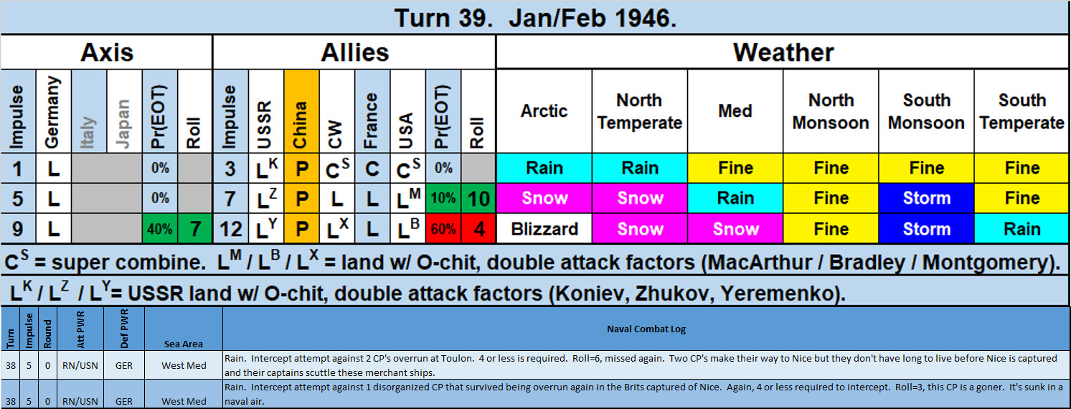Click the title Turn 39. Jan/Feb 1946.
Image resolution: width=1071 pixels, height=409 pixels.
click(x=535, y=18)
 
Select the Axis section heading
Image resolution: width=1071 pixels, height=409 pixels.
click(x=107, y=52)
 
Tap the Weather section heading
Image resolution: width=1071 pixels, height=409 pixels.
click(x=783, y=52)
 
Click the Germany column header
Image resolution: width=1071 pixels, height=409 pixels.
click(x=54, y=111)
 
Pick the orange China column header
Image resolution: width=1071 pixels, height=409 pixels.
click(x=301, y=111)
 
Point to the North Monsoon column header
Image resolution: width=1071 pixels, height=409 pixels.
click(x=831, y=111)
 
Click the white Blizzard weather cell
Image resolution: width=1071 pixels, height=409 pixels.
click(x=544, y=229)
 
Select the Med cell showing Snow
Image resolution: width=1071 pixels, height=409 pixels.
click(x=735, y=229)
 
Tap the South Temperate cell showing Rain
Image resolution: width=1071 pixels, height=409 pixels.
click(x=1022, y=229)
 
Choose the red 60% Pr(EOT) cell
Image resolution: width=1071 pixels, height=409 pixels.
click(x=443, y=229)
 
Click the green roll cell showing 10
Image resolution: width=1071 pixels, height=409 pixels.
click(x=478, y=199)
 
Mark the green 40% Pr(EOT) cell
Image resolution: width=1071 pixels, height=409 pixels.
click(x=160, y=229)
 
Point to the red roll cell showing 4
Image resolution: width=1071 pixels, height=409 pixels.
click(x=478, y=229)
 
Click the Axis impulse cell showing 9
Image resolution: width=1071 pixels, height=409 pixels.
click(x=18, y=229)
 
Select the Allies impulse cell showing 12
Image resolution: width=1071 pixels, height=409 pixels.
click(x=230, y=229)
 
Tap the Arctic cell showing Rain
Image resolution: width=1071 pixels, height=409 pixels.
click(x=544, y=169)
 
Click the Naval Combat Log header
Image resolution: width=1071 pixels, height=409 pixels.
click(x=646, y=329)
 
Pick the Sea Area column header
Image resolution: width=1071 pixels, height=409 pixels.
click(x=184, y=344)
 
